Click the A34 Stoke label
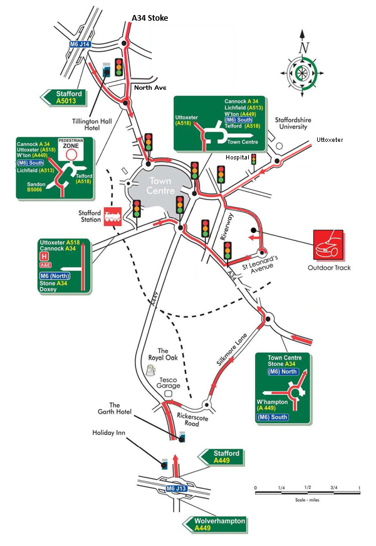coord(149,19)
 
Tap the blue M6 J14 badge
coord(80,44)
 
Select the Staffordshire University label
coord(293,122)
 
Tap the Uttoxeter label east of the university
coord(330,139)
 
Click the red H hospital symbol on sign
coord(44,257)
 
